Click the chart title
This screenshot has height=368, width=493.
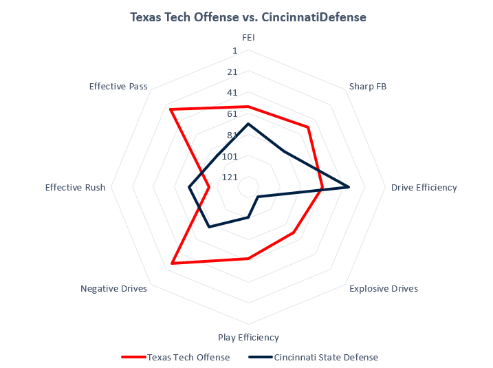pos(248,17)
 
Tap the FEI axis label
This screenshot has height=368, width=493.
pos(248,38)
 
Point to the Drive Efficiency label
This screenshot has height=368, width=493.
pos(424,187)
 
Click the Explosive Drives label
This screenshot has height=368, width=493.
pos(383,289)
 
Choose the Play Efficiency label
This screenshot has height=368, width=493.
pos(248,337)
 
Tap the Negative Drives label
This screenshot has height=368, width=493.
pos(113,289)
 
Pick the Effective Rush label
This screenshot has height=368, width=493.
pos(75,187)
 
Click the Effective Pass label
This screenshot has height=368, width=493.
pos(118,86)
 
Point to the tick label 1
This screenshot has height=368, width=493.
pos(234,51)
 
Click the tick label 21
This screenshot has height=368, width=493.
pos(232,72)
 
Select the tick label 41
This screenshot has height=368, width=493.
pos(232,93)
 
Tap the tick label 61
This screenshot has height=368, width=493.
pos(232,114)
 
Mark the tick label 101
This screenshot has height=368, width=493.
pos(230,156)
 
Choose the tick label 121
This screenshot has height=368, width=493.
pos(230,177)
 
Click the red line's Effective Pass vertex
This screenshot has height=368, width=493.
pos(171,109)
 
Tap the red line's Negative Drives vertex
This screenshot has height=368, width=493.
pos(173,263)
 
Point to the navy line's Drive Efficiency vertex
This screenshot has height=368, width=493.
pos(349,187)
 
